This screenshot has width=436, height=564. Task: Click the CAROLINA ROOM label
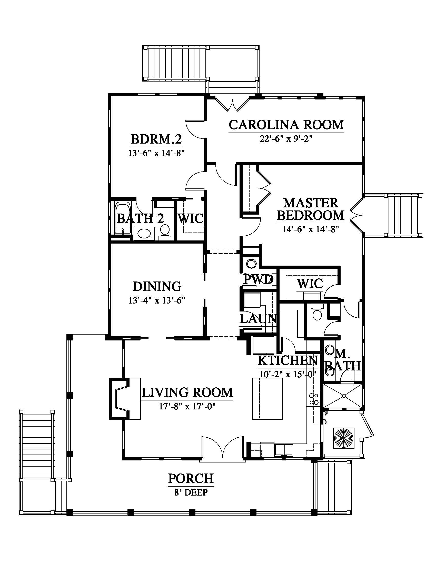click(286, 125)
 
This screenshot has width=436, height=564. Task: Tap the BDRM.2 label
click(156, 139)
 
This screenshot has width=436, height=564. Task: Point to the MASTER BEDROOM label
click(311, 209)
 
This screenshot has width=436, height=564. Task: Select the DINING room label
click(157, 286)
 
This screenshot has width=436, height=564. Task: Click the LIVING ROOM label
click(187, 392)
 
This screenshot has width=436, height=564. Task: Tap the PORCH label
click(191, 478)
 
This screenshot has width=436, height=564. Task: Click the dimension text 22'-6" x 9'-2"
click(286, 139)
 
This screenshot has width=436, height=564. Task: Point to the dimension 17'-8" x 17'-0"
click(187, 407)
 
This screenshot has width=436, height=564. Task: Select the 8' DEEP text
click(191, 492)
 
